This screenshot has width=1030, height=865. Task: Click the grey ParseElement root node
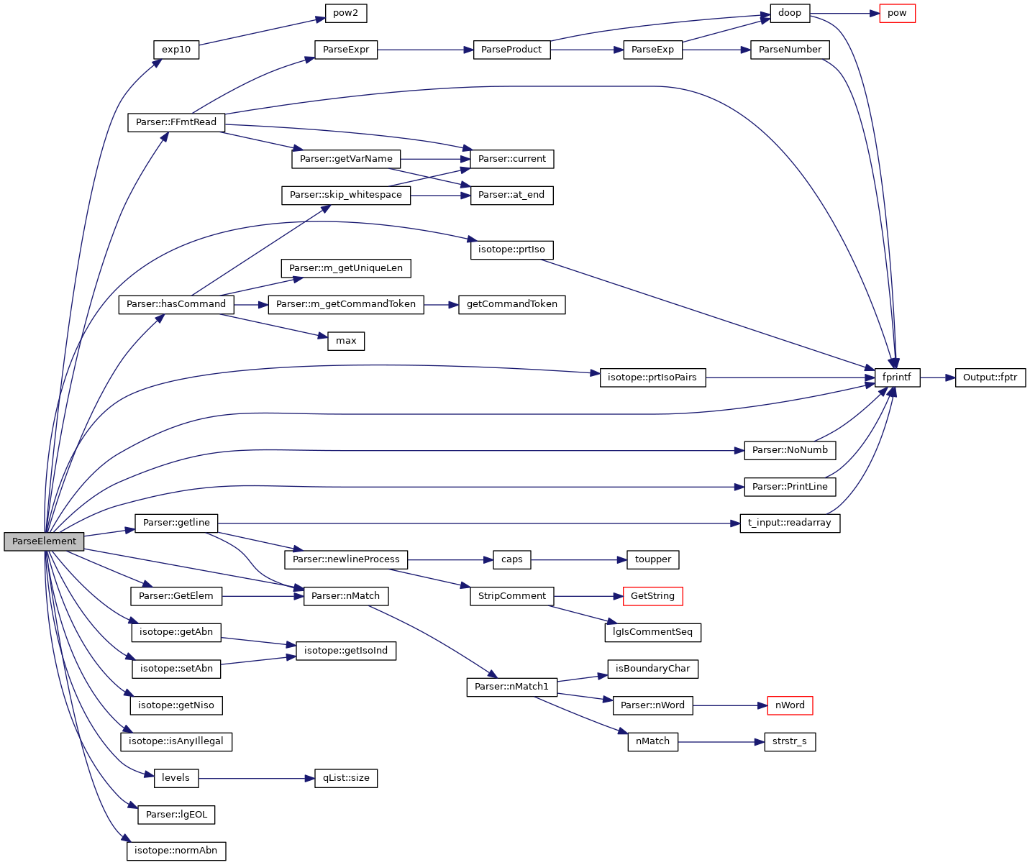(x=44, y=541)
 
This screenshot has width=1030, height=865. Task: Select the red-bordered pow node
(x=897, y=14)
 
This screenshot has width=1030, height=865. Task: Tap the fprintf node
(x=896, y=377)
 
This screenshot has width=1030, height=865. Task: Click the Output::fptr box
(x=990, y=377)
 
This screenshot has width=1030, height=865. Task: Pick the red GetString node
(x=652, y=596)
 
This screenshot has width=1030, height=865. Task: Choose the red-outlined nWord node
(x=790, y=705)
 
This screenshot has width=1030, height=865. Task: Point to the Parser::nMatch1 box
(x=511, y=687)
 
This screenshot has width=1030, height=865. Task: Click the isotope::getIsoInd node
(x=346, y=651)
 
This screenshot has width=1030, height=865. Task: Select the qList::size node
(x=346, y=778)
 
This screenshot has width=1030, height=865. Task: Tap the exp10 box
(x=176, y=50)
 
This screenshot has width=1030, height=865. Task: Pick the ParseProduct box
(x=511, y=50)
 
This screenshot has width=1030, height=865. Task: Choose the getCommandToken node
(x=511, y=304)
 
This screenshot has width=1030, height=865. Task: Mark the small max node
(x=346, y=341)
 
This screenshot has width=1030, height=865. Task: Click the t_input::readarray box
(x=790, y=523)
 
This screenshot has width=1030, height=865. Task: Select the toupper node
(x=652, y=559)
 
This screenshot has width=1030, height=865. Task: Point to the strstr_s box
(x=790, y=741)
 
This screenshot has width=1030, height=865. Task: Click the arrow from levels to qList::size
(x=256, y=778)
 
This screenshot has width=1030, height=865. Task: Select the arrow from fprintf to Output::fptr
(x=937, y=377)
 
